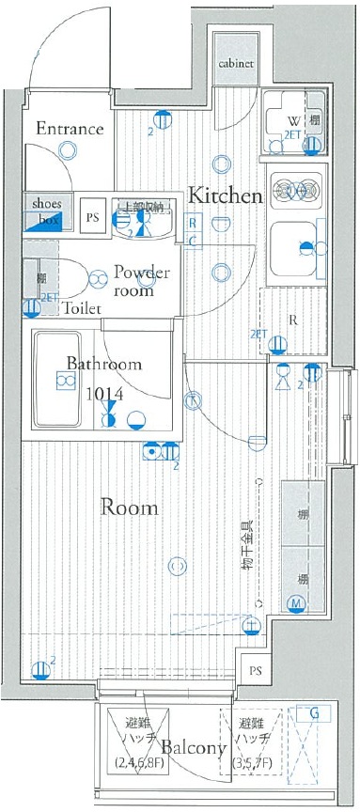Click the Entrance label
70,129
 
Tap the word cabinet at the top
235,65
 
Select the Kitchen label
225,195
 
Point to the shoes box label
46,211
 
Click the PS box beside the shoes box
92,217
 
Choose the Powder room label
141,281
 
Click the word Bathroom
103,364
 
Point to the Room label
129,507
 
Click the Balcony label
193,748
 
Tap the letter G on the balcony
314,714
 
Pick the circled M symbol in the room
295,602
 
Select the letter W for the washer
292,120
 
